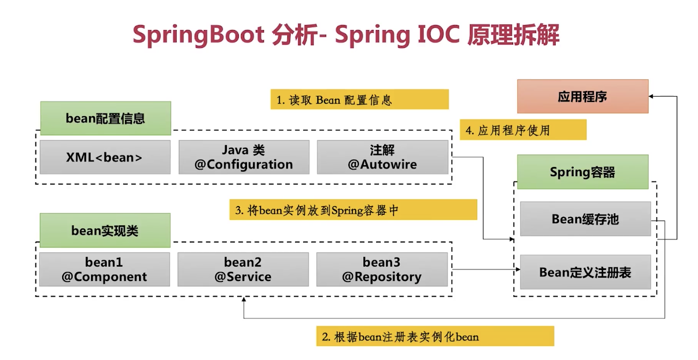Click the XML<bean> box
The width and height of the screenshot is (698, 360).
coord(105,157)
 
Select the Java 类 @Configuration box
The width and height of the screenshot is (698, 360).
coord(244,157)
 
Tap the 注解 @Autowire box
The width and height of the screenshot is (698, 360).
coord(383,157)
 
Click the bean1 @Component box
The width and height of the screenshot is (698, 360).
coord(105,269)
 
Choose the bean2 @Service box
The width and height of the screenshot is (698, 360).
coord(243,269)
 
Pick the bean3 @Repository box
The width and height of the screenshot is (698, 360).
coord(382,269)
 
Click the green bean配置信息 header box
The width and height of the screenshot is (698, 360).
coord(106,118)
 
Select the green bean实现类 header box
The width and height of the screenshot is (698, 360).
coord(105,230)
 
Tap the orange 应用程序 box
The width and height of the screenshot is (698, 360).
coord(583,97)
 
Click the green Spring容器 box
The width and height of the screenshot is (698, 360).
coord(583,172)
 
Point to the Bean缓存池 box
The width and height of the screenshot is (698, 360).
coord(586,219)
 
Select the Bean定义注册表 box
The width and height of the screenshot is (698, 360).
coord(586,272)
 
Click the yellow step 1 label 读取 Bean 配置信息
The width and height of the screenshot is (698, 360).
coord(359,99)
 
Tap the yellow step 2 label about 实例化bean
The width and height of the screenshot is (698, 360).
coord(435,336)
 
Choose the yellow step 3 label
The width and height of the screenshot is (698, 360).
coord(353,210)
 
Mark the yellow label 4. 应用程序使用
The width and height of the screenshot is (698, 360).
coord(523,130)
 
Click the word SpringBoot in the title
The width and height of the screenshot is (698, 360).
coord(199,35)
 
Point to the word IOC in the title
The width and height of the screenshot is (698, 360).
coord(438,34)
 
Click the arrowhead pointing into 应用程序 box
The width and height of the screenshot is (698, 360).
coord(651,97)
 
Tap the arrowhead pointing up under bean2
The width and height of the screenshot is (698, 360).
coord(244,299)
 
